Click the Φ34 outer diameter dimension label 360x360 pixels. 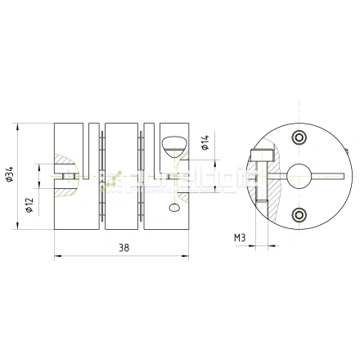coord(9,174)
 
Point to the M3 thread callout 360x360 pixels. coord(240,238)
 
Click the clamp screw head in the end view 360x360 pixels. coord(261,152)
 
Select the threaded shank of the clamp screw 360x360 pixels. coord(261,184)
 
